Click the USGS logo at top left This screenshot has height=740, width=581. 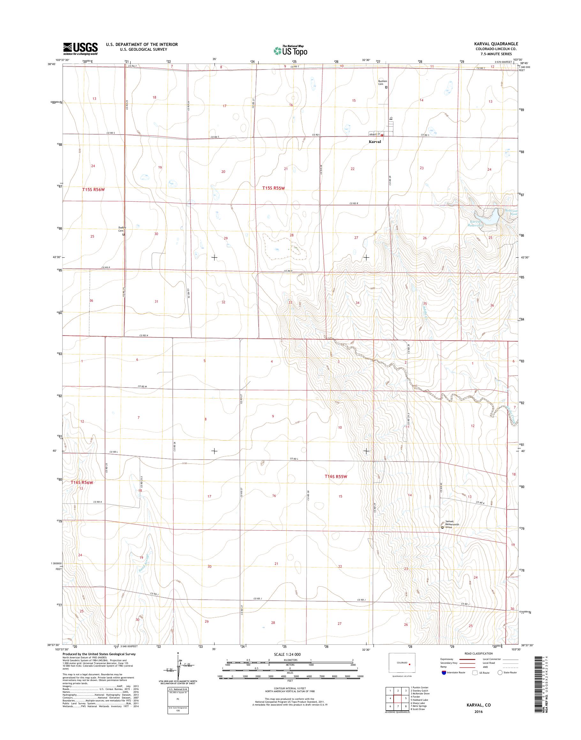click(80, 48)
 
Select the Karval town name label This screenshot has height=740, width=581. click(374, 142)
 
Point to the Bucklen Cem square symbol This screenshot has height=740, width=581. click(386, 87)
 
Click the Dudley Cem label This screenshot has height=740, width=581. click(122, 229)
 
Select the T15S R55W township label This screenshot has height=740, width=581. click(275, 188)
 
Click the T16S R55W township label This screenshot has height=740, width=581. click(336, 477)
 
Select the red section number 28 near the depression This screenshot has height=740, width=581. click(291, 235)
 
